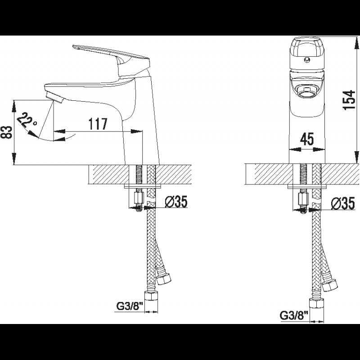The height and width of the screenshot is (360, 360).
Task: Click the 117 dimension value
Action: (98, 124)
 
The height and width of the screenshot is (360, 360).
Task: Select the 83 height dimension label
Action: (6, 132)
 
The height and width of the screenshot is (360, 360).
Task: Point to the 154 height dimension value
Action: (349, 100)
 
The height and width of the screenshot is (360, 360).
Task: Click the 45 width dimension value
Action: (307, 139)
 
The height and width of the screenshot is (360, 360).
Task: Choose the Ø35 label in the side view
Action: (176, 201)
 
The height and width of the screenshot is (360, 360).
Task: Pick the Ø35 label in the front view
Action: (343, 203)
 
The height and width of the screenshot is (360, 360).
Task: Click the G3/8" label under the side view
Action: (130, 306)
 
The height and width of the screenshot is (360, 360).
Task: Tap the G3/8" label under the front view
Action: (293, 316)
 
